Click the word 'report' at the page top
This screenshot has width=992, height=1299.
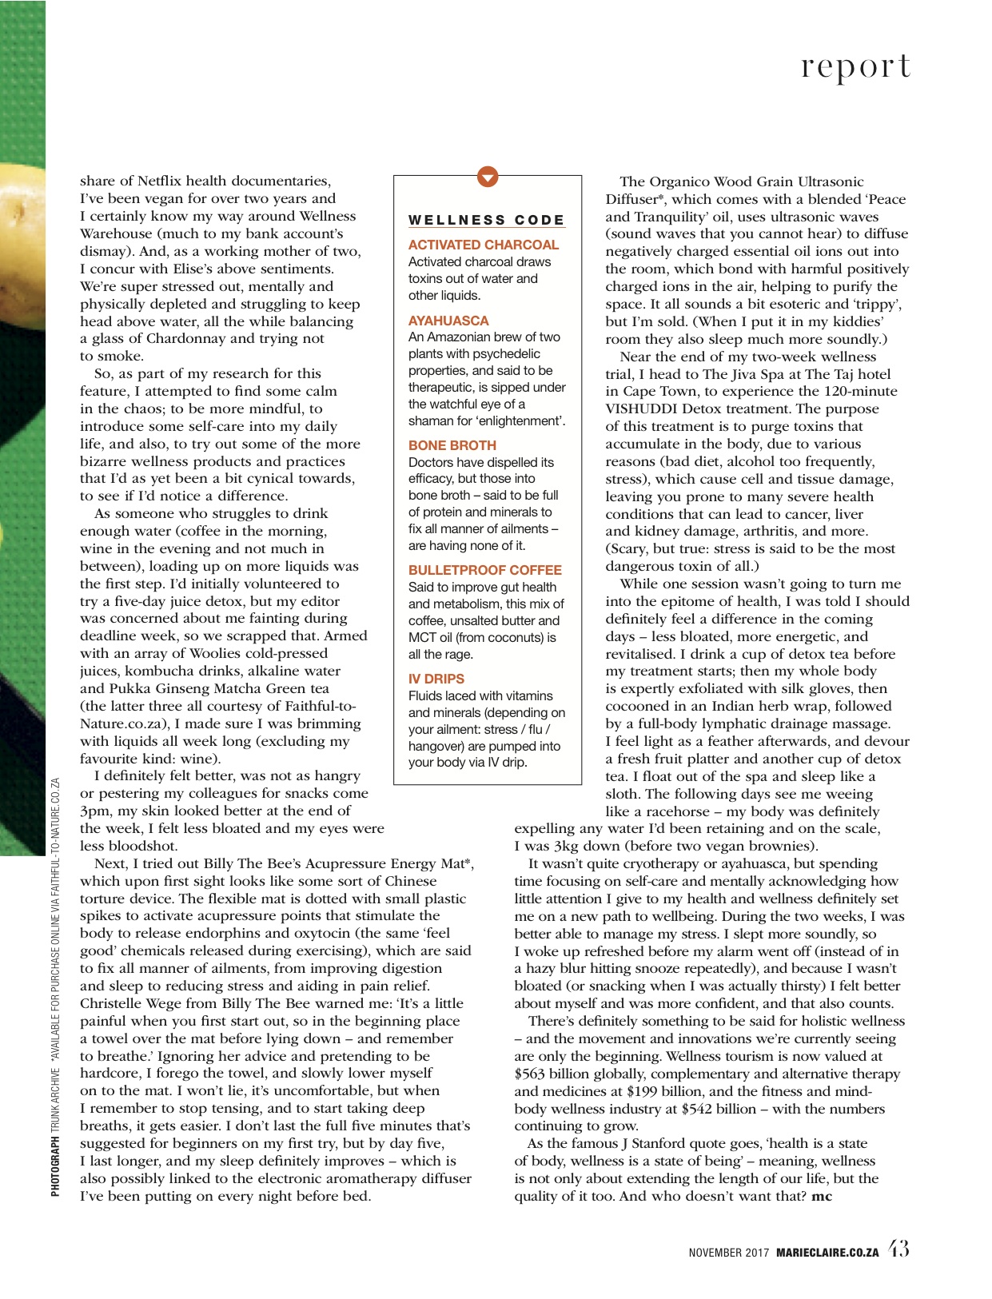pyautogui.click(x=855, y=67)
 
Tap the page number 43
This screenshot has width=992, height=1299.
pyautogui.click(x=898, y=1249)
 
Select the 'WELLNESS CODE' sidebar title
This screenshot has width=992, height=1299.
pyautogui.click(x=486, y=220)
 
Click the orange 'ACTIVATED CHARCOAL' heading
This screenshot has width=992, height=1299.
pyautogui.click(x=483, y=245)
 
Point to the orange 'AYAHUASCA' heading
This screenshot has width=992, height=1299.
pyautogui.click(x=448, y=321)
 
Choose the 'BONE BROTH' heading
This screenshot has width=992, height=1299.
pyautogui.click(x=452, y=445)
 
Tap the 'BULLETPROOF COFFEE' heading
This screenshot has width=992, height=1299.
pyautogui.click(x=484, y=570)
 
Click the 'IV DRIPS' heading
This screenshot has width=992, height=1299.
pyautogui.click(x=436, y=679)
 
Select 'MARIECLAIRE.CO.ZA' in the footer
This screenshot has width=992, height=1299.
pyautogui.click(x=827, y=1253)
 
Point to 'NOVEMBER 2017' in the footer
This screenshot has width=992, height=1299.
pyautogui.click(x=728, y=1253)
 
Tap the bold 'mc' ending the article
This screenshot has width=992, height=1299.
pyautogui.click(x=822, y=1197)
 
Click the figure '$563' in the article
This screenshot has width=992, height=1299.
pyautogui.click(x=531, y=1074)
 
